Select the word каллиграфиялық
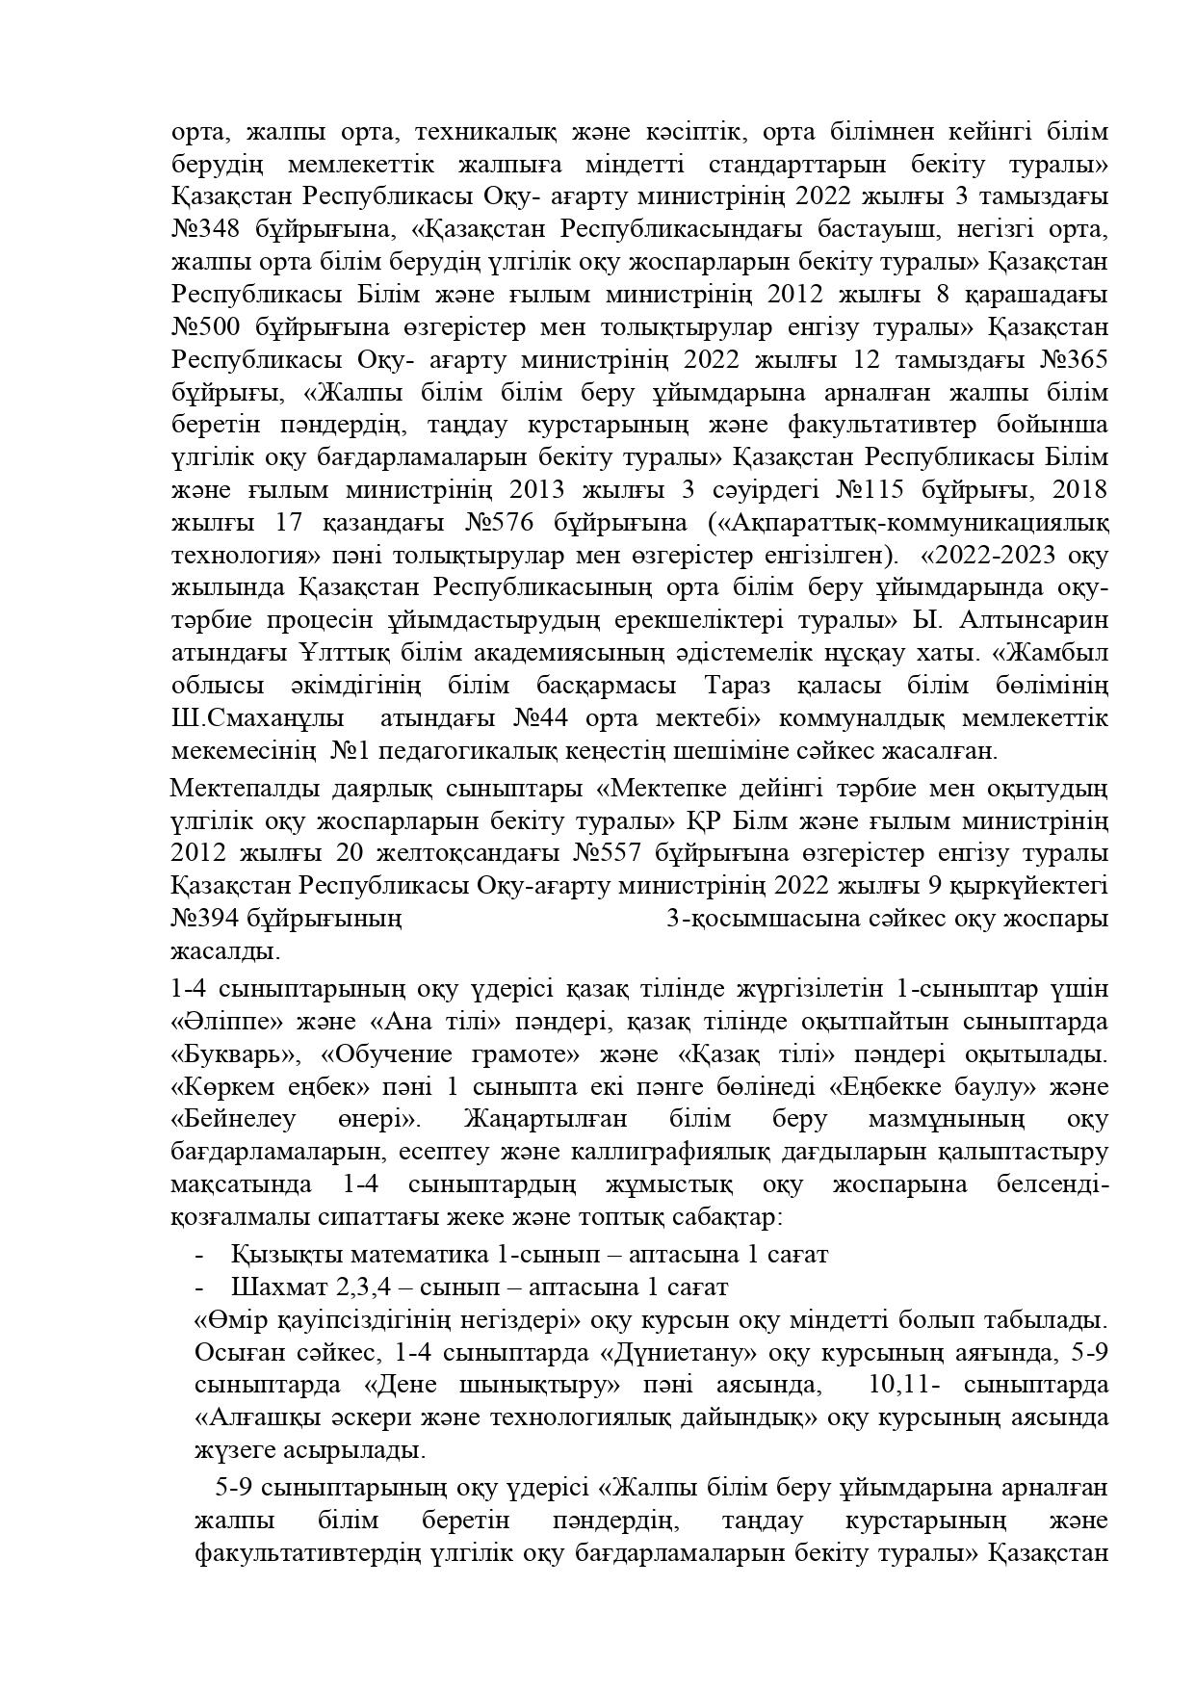click(x=672, y=1152)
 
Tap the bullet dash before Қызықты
click(x=199, y=1255)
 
